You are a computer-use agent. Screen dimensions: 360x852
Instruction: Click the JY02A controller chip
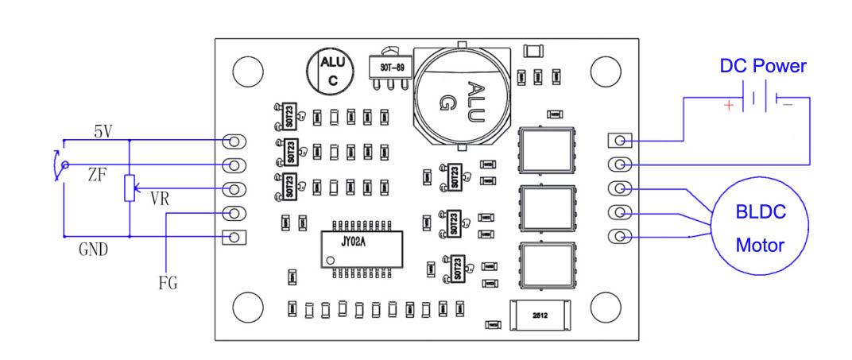362,247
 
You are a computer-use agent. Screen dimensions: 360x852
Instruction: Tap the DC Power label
762,67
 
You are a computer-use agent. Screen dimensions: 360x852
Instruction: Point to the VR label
160,199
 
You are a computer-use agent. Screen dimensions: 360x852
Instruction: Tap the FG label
167,282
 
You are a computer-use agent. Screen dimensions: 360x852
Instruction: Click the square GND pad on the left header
234,237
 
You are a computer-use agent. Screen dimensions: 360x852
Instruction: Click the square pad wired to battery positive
621,141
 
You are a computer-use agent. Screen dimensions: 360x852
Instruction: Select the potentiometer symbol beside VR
128,189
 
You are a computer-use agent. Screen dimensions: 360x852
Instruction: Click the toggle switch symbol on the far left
57,165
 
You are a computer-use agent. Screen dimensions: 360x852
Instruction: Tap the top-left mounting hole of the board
247,70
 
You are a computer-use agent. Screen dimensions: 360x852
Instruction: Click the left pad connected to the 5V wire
234,141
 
